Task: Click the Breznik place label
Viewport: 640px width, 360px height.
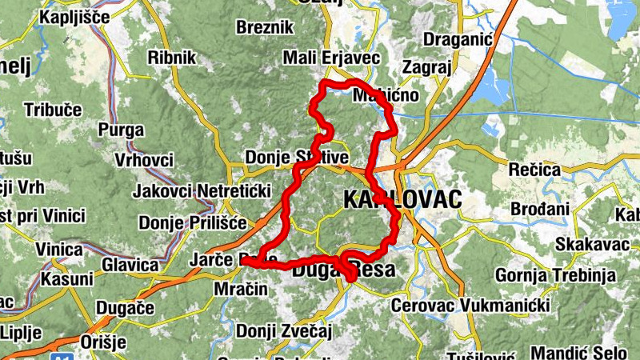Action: coord(265,27)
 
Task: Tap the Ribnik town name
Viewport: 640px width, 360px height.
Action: coord(171,58)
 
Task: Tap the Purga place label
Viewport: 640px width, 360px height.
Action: coord(121,130)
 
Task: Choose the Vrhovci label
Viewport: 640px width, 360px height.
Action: coord(144,160)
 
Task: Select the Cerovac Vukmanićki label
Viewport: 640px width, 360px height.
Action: coord(469,306)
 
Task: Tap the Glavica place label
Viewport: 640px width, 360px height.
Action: coord(130,265)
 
